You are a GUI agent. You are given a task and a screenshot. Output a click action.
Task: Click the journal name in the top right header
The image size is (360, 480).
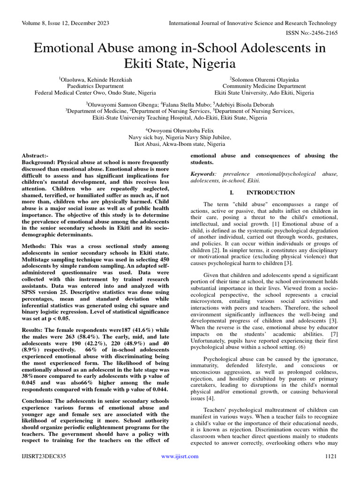point(253,23)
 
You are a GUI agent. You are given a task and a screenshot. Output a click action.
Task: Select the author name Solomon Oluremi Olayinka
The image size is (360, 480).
point(264,80)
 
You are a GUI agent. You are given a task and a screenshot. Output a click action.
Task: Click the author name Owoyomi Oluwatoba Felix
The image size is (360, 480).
point(180,131)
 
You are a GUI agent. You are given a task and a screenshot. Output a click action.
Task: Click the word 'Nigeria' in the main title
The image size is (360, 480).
point(216,63)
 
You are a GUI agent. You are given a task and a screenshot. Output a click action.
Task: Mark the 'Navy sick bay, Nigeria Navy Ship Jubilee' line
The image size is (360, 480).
point(180,137)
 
